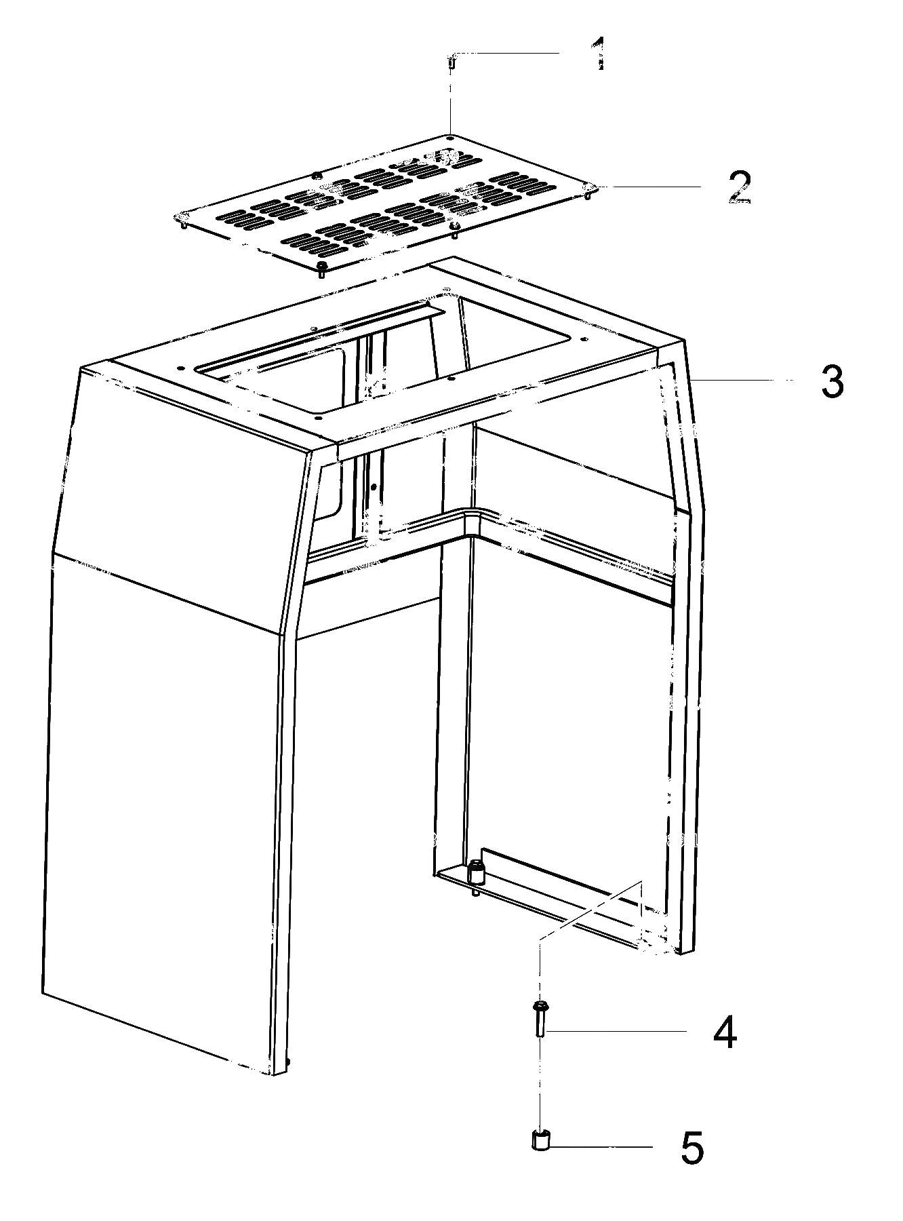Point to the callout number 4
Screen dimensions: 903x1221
coord(724,1033)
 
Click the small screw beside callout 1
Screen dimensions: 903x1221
coord(451,62)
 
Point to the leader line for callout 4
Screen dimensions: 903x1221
coord(618,1032)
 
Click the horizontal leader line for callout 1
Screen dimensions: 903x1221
coord(506,52)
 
